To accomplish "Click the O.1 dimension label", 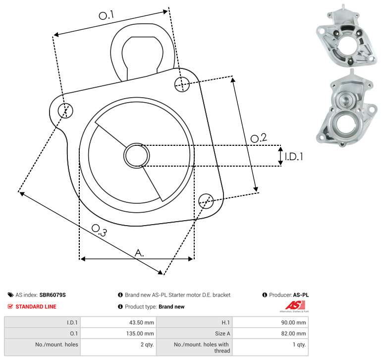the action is pyautogui.click(x=106, y=15).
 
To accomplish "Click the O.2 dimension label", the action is pyautogui.click(x=259, y=138).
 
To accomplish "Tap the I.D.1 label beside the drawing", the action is pyautogui.click(x=294, y=157).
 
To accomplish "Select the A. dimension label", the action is pyautogui.click(x=139, y=253).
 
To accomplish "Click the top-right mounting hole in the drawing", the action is pyautogui.click(x=182, y=84).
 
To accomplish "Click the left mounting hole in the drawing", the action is pyautogui.click(x=65, y=111).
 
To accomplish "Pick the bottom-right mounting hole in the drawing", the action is pyautogui.click(x=206, y=201).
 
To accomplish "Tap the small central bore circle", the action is pyautogui.click(x=137, y=156).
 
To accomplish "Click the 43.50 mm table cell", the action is pyautogui.click(x=141, y=322).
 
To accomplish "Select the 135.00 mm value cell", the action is pyautogui.click(x=140, y=334).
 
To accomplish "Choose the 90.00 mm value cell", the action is pyautogui.click(x=293, y=322).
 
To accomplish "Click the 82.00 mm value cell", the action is pyautogui.click(x=293, y=334).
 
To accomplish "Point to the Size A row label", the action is pyautogui.click(x=222, y=334).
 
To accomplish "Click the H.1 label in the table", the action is pyautogui.click(x=226, y=322).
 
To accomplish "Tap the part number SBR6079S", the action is pyautogui.click(x=53, y=295).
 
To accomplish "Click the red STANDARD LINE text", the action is pyautogui.click(x=36, y=307).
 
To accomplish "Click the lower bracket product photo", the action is pyautogui.click(x=346, y=108).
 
